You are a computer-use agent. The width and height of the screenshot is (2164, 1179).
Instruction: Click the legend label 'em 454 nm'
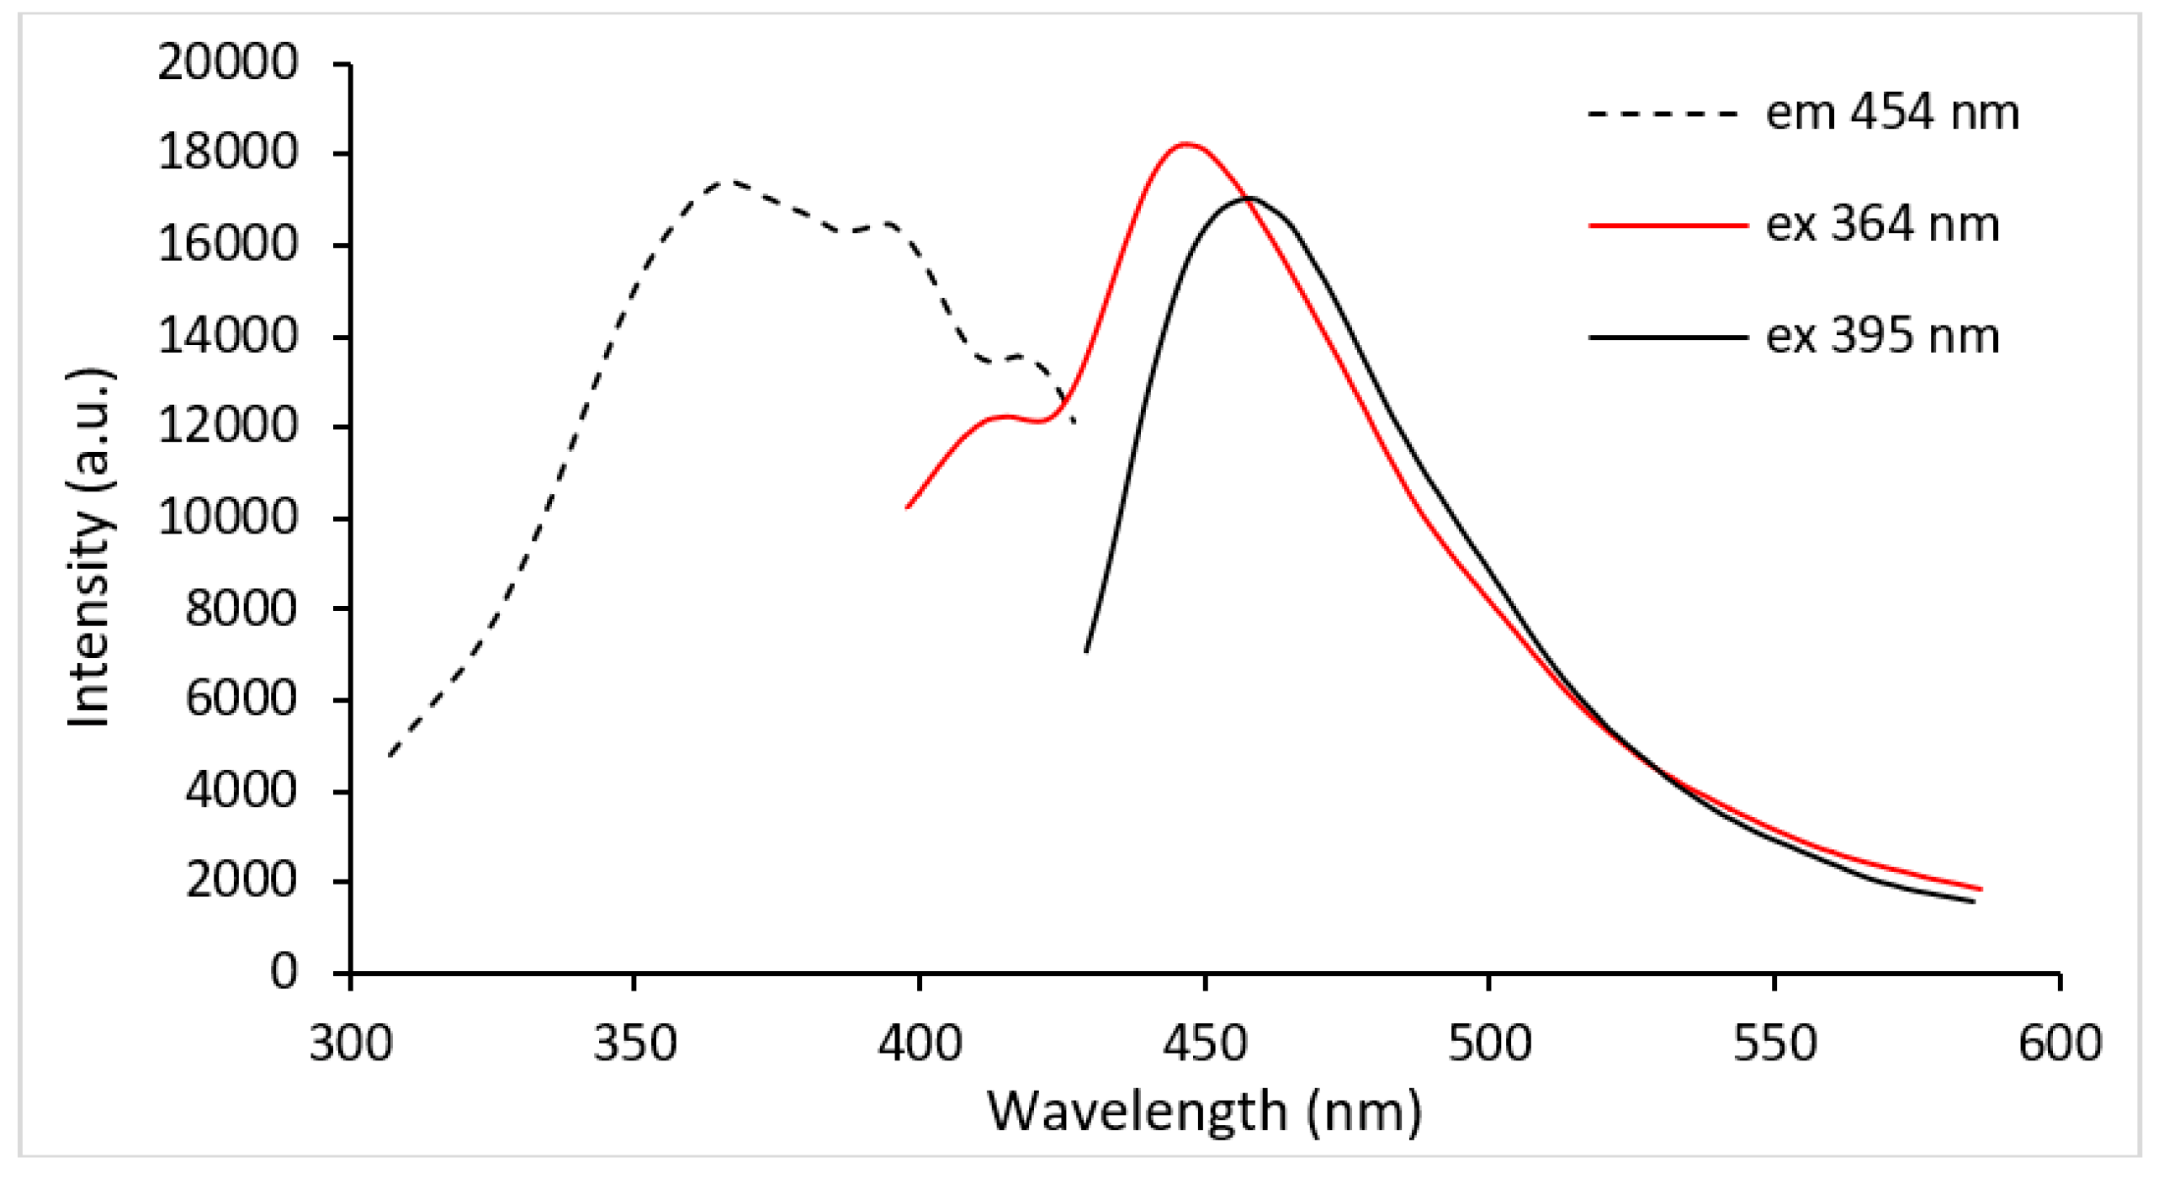point(1891,114)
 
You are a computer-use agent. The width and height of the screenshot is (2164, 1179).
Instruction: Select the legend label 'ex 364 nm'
point(1881,225)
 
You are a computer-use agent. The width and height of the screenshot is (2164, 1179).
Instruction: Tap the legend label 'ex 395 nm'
point(1881,337)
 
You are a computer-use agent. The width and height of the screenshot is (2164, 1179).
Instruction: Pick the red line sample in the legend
point(1668,225)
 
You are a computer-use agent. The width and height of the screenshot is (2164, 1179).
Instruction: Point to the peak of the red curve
point(1186,144)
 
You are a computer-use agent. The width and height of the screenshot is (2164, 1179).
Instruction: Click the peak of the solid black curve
point(1249,199)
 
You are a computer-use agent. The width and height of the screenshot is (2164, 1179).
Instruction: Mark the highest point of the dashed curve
point(728,181)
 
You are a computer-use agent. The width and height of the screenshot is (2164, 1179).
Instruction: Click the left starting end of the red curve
point(907,507)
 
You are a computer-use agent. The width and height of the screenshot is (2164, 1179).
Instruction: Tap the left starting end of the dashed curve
point(390,755)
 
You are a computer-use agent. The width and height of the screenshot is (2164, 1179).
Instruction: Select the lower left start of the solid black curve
point(1086,651)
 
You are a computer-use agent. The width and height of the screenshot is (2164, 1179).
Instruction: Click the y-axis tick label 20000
point(228,63)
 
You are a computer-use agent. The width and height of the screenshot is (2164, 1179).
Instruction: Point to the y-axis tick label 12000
point(228,427)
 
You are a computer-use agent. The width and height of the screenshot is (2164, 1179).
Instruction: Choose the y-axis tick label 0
point(284,972)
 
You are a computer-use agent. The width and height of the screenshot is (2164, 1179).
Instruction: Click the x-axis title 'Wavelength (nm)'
point(1204,1113)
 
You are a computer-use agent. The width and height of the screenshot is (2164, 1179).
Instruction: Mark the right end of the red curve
point(1981,889)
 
